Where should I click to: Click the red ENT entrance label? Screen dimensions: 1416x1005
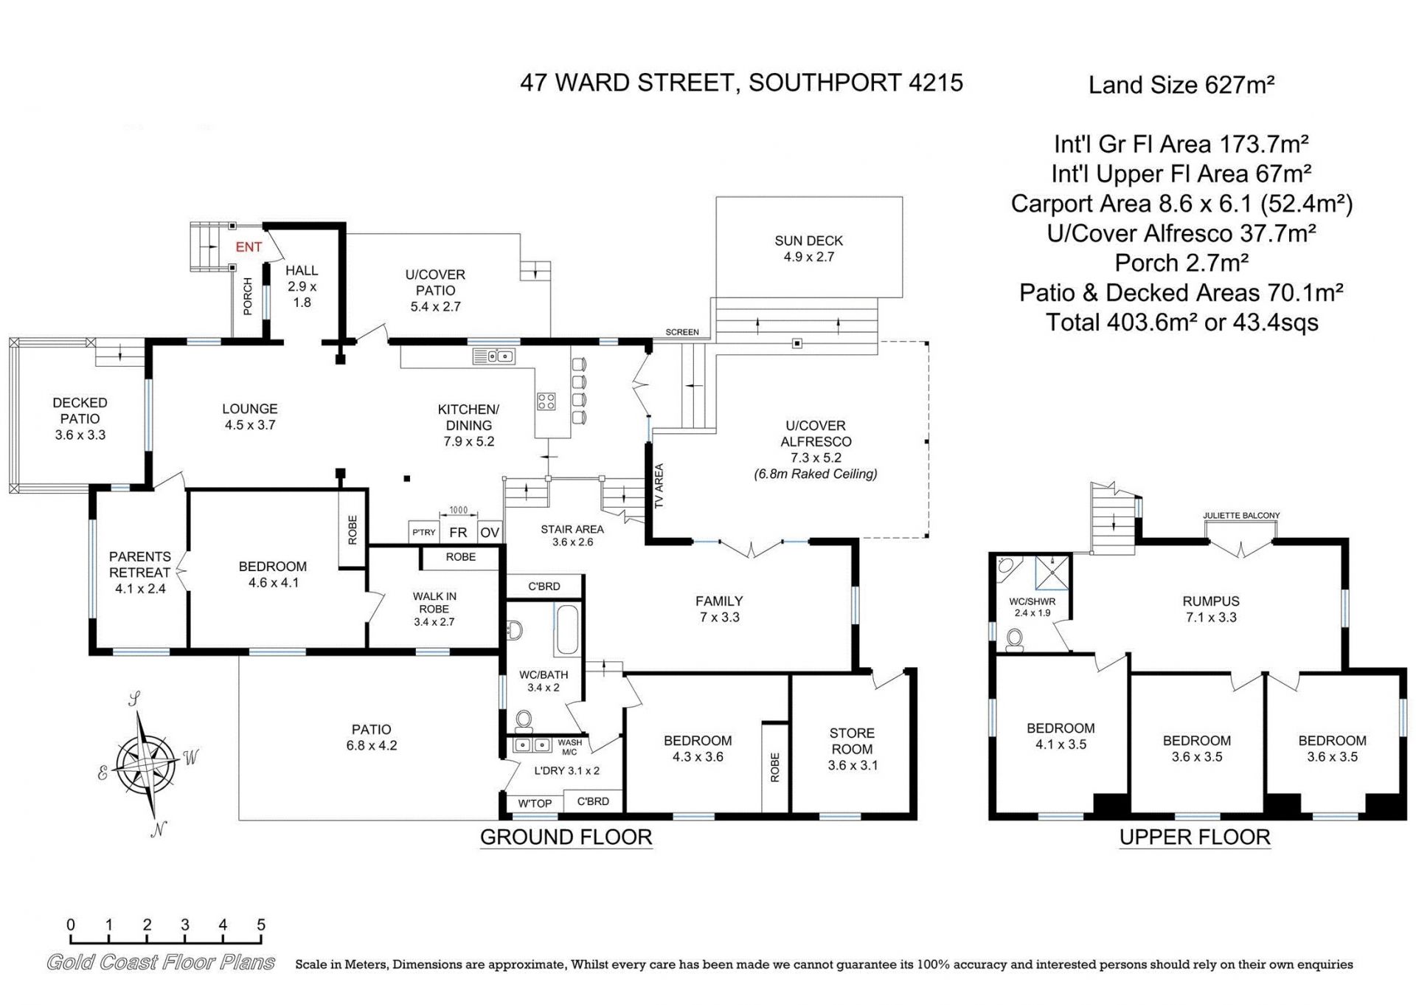pyautogui.click(x=249, y=247)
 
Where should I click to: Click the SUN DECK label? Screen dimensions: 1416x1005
pyautogui.click(x=808, y=241)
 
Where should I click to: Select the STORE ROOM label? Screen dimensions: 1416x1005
pyautogui.click(x=852, y=741)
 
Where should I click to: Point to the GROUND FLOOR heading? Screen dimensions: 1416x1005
pyautogui.click(x=566, y=837)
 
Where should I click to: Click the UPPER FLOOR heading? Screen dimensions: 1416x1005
pyautogui.click(x=1195, y=837)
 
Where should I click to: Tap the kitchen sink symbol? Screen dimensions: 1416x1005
pyautogui.click(x=494, y=357)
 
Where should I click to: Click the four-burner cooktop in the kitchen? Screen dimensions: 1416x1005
pyautogui.click(x=546, y=401)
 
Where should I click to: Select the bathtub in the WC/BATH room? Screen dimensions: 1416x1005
pyautogui.click(x=567, y=629)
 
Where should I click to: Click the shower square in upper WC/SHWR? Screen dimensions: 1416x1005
pyautogui.click(x=1052, y=573)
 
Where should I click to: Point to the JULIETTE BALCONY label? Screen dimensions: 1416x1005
pyautogui.click(x=1241, y=516)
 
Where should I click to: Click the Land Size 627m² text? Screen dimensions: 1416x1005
pyautogui.click(x=1181, y=85)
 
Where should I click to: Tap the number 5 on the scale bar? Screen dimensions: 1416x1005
pyautogui.click(x=261, y=925)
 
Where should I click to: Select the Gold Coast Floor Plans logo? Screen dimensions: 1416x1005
pyautogui.click(x=161, y=962)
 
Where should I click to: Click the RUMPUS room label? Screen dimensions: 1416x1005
pyautogui.click(x=1211, y=601)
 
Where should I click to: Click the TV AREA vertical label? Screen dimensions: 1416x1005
pyautogui.click(x=659, y=486)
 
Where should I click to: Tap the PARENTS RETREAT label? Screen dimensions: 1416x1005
pyautogui.click(x=140, y=564)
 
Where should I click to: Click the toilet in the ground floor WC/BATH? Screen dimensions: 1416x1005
pyautogui.click(x=524, y=719)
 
